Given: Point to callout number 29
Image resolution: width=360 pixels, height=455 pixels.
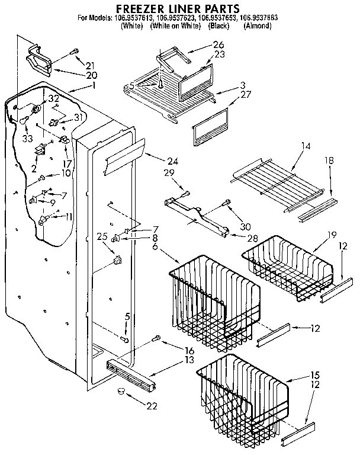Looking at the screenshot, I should [x=169, y=172].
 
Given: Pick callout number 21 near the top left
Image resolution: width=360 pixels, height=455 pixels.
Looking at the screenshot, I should [x=89, y=65].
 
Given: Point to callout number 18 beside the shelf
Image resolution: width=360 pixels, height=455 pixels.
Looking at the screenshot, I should [x=329, y=161].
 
